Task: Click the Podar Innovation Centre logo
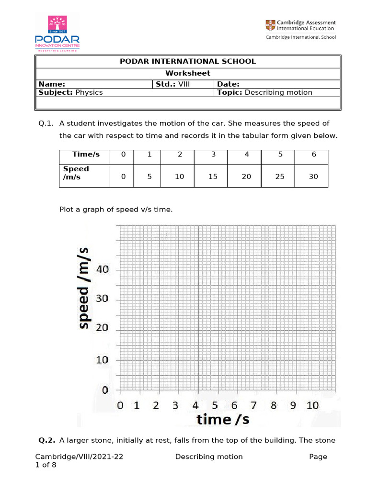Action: point(57,33)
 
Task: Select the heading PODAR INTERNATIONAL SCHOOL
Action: point(187,61)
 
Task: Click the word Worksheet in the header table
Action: point(187,73)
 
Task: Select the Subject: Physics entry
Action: point(70,92)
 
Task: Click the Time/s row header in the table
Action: point(86,154)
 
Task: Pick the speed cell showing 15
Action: point(213,177)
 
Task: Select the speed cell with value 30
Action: point(313,177)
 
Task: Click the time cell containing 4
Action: point(246,154)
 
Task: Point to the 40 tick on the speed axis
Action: point(103,269)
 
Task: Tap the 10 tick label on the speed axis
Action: point(103,360)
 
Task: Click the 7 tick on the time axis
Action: point(253,405)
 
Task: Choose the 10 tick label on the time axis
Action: point(312,405)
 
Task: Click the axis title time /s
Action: point(223,419)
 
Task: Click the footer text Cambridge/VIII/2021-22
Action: point(80,457)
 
